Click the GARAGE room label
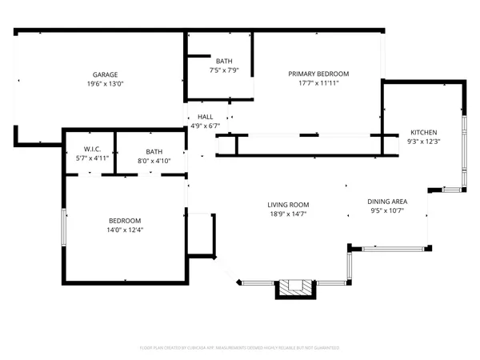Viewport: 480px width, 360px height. [105, 74]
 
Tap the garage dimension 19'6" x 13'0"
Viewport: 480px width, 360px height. [105, 83]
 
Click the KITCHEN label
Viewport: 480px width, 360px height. [423, 132]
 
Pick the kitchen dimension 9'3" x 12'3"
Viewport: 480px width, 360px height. [423, 142]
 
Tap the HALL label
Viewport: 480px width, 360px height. [205, 117]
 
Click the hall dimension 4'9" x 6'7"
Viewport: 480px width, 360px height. [205, 126]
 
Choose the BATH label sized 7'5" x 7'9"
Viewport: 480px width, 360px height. [224, 61]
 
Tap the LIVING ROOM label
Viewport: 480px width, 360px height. [288, 205]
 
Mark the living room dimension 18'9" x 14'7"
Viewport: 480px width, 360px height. [288, 214]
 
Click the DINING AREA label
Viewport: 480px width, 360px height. [386, 202]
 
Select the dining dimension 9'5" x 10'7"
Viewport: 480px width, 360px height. [386, 211]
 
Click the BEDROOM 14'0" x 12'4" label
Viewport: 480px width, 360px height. [125, 221]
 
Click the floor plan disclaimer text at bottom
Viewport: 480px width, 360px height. [240, 348]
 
